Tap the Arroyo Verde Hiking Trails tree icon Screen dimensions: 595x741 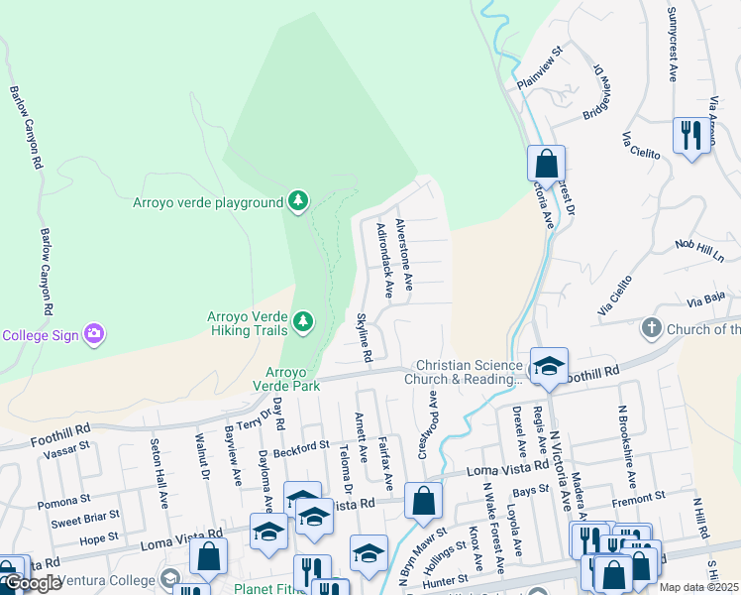pos(303,321)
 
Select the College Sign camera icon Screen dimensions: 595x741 pos(94,334)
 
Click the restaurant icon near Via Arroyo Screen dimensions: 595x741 pos(690,134)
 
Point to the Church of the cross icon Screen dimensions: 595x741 pos(652,327)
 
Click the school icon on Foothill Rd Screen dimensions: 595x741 pos(548,365)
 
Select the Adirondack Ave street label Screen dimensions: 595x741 pos(385,260)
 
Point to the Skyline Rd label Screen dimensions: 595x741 pos(364,336)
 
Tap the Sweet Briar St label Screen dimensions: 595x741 pos(84,519)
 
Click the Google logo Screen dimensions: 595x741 pos(32,583)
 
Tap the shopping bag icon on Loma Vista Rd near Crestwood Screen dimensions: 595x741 pos(423,502)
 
